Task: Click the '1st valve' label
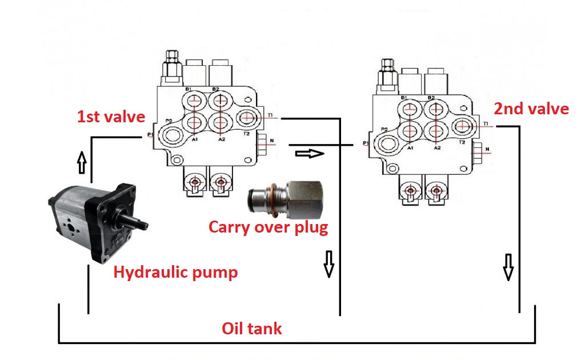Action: (111, 117)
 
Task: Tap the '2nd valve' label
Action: (531, 109)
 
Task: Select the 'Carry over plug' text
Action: (268, 227)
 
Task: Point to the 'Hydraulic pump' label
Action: (175, 272)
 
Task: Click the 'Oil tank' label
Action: (251, 329)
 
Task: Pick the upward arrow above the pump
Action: (82, 163)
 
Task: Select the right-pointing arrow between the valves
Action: (309, 153)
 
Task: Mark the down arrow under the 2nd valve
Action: (508, 268)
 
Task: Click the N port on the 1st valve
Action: (263, 143)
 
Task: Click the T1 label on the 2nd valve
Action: (486, 123)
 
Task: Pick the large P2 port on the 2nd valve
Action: (388, 142)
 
